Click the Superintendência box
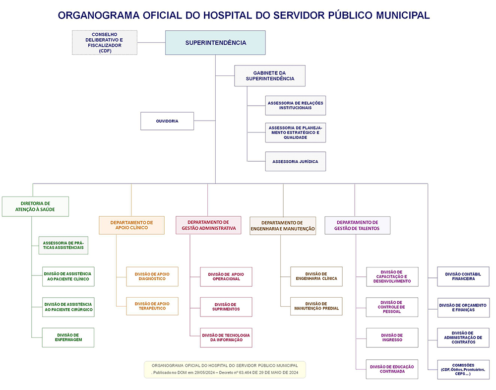coord(215,43)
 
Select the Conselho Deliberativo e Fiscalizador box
coord(105,43)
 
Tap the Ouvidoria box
coord(167,121)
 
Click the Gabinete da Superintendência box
coord(270,76)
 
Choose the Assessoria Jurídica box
coord(295,162)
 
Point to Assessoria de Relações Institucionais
coord(295,105)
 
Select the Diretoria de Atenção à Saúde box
coord(35,206)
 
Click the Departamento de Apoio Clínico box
coord(131,225)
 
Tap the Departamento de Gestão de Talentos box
coord(357,225)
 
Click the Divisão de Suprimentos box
coord(227,307)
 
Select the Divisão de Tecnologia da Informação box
coord(226,337)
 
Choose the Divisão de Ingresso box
coord(392,337)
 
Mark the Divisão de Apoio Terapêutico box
coord(152,306)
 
